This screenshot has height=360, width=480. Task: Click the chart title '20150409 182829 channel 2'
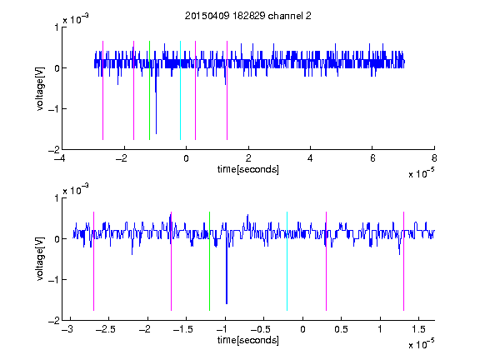(x=248, y=16)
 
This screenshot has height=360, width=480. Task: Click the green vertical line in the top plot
(x=149, y=90)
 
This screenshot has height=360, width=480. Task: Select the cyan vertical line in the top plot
(x=180, y=90)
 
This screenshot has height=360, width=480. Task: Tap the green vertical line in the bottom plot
(x=209, y=261)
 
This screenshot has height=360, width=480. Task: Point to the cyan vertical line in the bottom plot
(x=287, y=261)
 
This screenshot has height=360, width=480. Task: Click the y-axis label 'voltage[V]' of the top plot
(x=40, y=88)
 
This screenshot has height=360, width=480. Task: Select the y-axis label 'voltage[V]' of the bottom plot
(x=40, y=259)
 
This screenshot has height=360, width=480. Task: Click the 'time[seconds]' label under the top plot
(x=248, y=169)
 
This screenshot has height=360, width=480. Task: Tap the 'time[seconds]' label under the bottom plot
(x=248, y=340)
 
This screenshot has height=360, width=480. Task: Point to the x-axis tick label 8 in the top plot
(x=434, y=158)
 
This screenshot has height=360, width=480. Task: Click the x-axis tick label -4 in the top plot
(x=59, y=158)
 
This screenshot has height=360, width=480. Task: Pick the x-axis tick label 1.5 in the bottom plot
(x=419, y=329)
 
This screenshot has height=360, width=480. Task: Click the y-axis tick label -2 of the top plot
(x=53, y=150)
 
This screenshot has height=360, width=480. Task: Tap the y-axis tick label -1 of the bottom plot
(x=53, y=280)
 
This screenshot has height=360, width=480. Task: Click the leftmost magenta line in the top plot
(x=102, y=90)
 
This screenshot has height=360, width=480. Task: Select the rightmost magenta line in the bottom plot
(x=403, y=261)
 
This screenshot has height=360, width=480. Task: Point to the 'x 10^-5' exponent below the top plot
(x=422, y=173)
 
